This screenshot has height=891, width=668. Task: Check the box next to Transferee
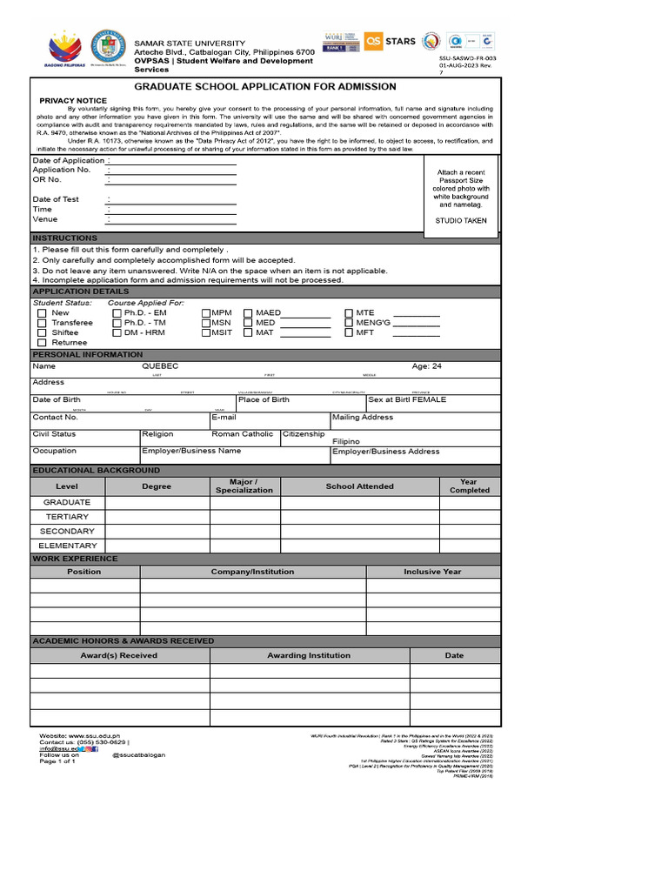point(42,323)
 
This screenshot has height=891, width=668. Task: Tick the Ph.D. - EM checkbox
point(117,312)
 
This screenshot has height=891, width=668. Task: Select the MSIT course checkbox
point(206,332)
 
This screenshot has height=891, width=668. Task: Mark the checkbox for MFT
point(350,332)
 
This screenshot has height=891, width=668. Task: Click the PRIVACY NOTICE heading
point(73,101)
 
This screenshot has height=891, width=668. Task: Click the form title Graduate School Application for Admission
point(265,86)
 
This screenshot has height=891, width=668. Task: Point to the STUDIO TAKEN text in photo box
point(461,221)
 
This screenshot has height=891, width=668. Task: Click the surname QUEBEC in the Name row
point(160,366)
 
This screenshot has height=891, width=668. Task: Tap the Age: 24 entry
point(426,366)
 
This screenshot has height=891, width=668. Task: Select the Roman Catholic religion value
point(243,433)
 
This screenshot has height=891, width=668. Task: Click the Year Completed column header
point(469,486)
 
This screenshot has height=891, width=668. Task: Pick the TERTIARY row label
point(67,517)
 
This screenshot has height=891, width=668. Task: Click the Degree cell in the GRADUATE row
point(157,502)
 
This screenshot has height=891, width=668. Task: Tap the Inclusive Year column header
point(432,572)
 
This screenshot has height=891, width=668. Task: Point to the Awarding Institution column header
point(309,655)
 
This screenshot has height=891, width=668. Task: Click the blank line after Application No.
point(171,171)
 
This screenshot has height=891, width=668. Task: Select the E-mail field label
point(224,417)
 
